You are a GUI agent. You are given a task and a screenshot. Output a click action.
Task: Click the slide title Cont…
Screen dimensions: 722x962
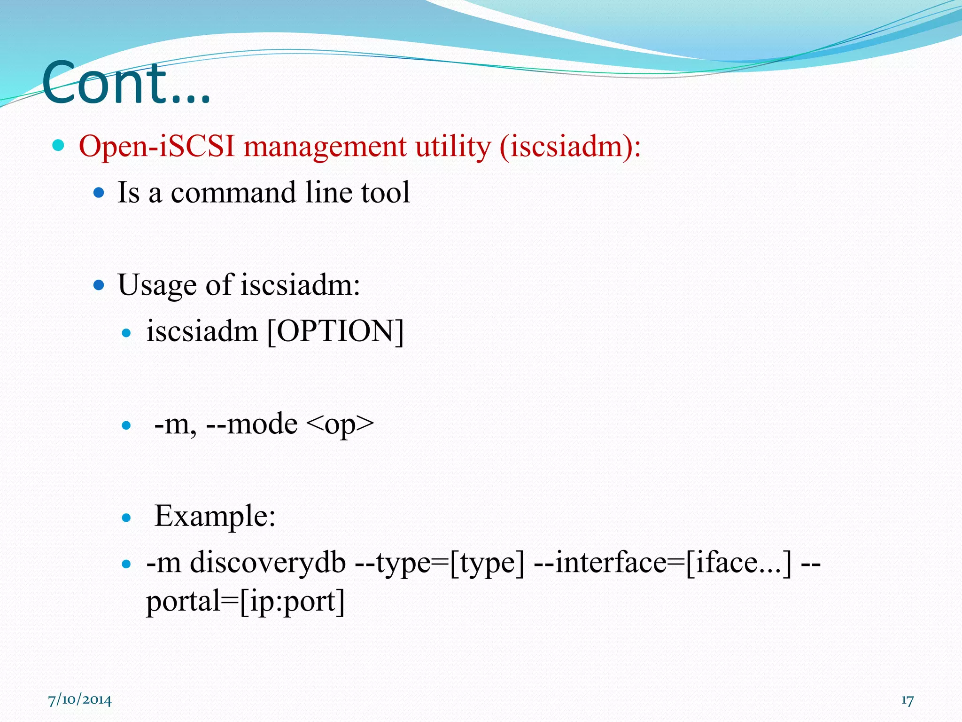click(126, 83)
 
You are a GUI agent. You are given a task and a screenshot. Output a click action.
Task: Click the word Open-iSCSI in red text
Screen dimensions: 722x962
click(157, 146)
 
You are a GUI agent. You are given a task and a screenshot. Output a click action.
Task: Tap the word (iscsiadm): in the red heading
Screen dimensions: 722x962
click(570, 146)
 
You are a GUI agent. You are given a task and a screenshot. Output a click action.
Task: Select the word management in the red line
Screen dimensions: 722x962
click(325, 146)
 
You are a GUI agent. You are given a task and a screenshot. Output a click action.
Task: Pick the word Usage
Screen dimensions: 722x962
click(157, 285)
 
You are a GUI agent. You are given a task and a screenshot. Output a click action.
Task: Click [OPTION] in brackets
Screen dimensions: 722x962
click(335, 331)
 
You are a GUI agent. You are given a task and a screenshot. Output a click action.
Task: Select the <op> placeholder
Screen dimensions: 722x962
click(340, 424)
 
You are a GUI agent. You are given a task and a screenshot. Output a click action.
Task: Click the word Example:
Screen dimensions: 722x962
click(215, 516)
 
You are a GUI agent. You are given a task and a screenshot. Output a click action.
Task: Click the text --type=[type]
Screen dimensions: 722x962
click(439, 562)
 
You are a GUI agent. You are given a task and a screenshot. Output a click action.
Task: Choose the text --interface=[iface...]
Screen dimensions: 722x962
click(662, 562)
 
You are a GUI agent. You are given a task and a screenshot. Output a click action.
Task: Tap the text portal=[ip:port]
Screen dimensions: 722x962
click(245, 601)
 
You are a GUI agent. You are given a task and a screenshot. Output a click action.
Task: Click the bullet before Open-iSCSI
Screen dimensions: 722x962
click(58, 146)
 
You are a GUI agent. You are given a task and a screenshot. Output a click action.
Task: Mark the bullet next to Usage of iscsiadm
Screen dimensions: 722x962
click(99, 285)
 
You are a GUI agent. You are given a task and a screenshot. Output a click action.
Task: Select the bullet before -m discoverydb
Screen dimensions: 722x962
click(126, 564)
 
